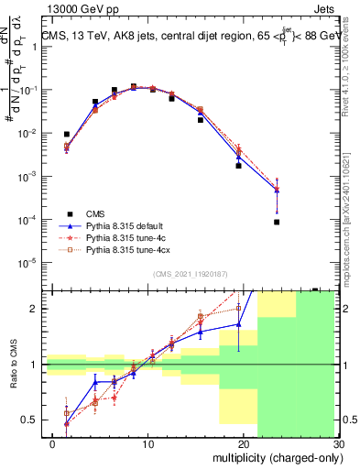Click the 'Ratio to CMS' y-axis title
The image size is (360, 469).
13,376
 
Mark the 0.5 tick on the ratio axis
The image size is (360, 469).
33,420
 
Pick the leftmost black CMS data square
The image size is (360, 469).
67,135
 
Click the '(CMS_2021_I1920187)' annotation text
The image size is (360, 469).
191,274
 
